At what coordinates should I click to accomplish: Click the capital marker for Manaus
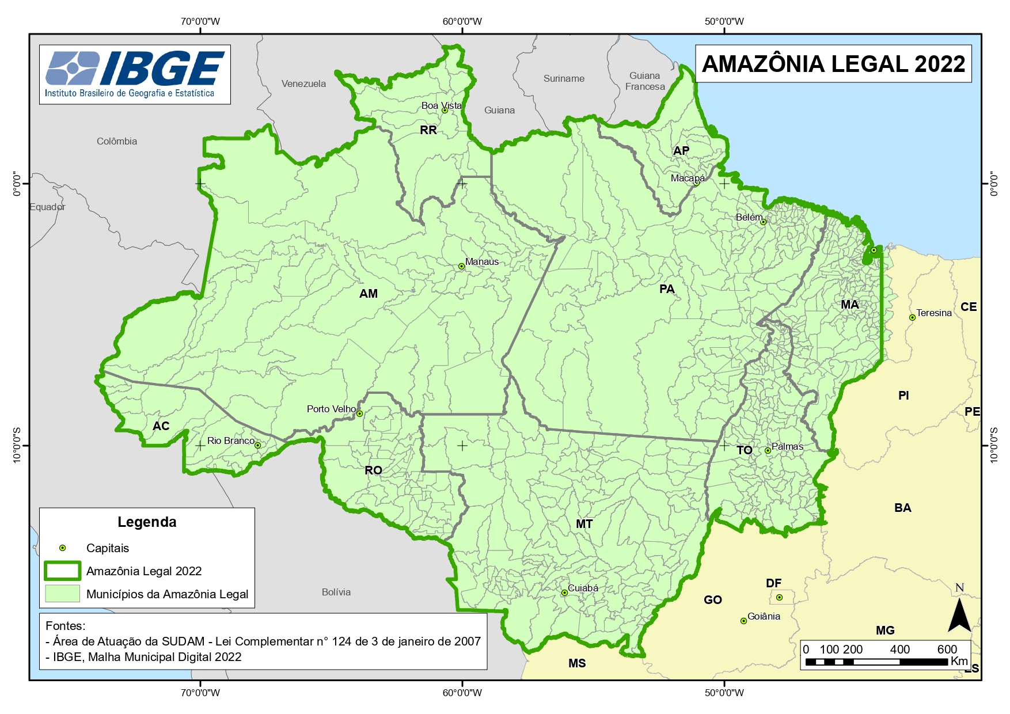[x=461, y=266]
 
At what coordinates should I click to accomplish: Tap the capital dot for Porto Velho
[x=359, y=413]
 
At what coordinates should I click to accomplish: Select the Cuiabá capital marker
[x=564, y=593]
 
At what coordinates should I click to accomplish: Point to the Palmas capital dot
[x=768, y=450]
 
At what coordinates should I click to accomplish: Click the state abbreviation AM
[x=369, y=294]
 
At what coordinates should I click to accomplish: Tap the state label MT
[x=584, y=524]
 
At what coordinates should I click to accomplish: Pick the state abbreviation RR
[x=428, y=130]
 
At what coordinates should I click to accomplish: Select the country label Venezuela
[x=303, y=83]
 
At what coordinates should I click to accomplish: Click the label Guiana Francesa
[x=645, y=81]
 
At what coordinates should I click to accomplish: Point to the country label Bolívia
[x=336, y=592]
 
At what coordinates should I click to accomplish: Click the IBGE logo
[x=135, y=74]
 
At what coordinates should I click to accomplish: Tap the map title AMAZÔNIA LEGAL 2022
[x=833, y=64]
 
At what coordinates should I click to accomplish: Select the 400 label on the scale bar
[x=899, y=650]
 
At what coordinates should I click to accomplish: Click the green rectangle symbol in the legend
[x=62, y=571]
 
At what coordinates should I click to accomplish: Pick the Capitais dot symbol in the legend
[x=63, y=548]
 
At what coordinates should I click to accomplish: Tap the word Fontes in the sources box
[x=65, y=625]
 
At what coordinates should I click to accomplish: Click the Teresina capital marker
[x=912, y=317]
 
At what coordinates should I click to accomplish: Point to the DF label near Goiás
[x=773, y=583]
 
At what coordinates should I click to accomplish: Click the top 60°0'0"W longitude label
[x=462, y=21]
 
